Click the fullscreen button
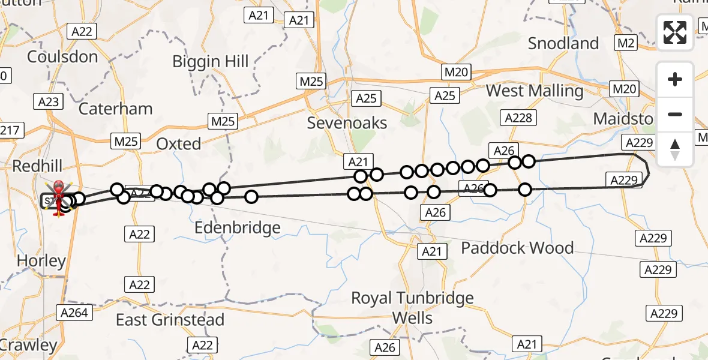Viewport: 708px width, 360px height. [675, 32]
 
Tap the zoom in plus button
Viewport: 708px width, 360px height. [675, 79]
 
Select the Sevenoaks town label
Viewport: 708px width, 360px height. [347, 123]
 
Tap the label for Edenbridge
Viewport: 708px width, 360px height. [238, 228]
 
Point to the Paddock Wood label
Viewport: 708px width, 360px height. [517, 248]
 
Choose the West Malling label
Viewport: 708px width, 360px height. [534, 91]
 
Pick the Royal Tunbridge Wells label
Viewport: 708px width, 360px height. [412, 307]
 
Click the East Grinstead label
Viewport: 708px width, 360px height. [170, 320]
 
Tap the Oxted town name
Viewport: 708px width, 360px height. [178, 144]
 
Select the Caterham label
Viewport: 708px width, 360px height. [115, 109]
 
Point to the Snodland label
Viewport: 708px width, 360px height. [563, 43]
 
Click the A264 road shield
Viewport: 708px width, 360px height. [74, 312]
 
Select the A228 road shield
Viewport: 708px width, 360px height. [518, 118]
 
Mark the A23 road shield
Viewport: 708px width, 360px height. [48, 102]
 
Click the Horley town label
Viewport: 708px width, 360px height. [41, 261]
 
